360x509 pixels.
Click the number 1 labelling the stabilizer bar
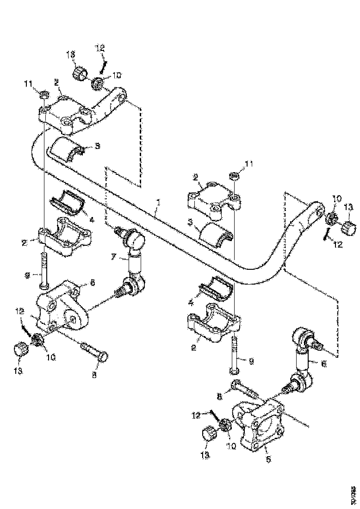pyautogui.click(x=158, y=203)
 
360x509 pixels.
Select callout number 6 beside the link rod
pyautogui.click(x=323, y=364)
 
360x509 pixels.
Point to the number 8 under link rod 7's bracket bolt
pyautogui.click(x=94, y=376)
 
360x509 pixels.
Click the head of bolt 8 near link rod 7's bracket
pyautogui.click(x=105, y=356)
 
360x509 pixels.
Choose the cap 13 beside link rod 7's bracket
pyautogui.click(x=20, y=349)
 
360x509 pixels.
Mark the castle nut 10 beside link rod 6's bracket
pyautogui.click(x=226, y=425)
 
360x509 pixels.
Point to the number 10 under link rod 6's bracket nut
pyautogui.click(x=231, y=446)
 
